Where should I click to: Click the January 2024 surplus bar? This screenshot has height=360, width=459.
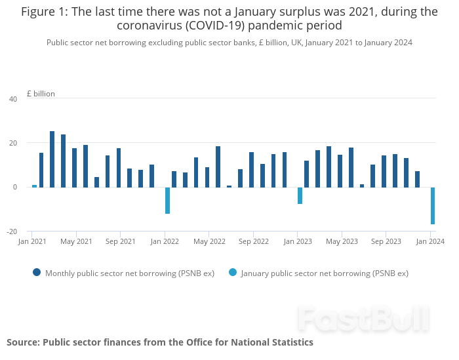pos(433,206)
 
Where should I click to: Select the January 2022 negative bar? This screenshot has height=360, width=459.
pos(167,201)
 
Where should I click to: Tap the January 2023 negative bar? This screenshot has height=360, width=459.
pos(300,195)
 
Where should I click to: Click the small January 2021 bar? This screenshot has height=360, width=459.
pos(34,186)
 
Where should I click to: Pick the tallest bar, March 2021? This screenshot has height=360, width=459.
pos(52,159)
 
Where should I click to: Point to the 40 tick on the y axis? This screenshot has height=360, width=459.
pos(13,99)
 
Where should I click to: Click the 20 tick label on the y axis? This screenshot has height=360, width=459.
pos(13,143)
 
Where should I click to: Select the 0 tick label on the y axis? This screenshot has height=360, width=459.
pos(15,188)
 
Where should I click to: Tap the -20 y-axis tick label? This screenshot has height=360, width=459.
pos(12,231)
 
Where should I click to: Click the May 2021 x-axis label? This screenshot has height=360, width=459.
pos(76,242)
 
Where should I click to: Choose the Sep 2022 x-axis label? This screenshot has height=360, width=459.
pos(253,242)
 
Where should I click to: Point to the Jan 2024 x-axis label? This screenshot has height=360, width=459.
pos(430,242)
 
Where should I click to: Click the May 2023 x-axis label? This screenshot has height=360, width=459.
pos(342,242)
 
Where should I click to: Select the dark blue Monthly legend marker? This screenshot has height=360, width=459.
pos(37,273)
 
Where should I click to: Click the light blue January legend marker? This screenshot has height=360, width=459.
pos(233,273)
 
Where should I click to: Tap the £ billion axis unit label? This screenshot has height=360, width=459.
pos(41,94)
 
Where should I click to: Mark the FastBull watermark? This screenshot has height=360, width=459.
pos(363,319)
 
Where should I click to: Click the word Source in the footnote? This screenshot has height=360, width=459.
pos(23,342)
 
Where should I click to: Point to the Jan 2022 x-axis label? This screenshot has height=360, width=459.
pos(165,242)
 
